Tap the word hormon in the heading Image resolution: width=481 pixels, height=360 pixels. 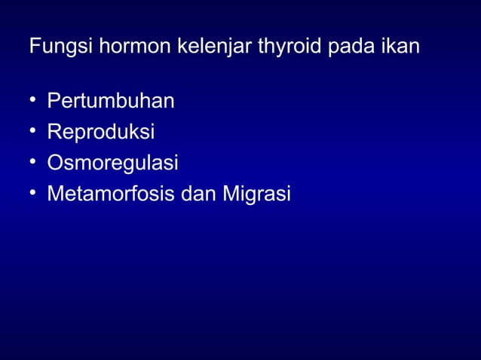tap(127, 47)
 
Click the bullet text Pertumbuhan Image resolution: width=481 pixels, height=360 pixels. tap(111, 101)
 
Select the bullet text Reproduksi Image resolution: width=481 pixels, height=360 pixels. tap(101, 133)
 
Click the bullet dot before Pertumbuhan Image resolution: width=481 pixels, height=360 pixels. tap(33, 100)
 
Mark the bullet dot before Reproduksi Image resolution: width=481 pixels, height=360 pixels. tap(33, 132)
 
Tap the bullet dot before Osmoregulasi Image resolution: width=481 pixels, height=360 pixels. tap(33, 163)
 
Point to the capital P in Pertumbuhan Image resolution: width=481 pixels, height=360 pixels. tap(53, 100)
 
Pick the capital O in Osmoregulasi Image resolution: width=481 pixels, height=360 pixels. tap(54, 163)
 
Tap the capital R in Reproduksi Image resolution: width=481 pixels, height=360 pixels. tap(54, 132)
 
